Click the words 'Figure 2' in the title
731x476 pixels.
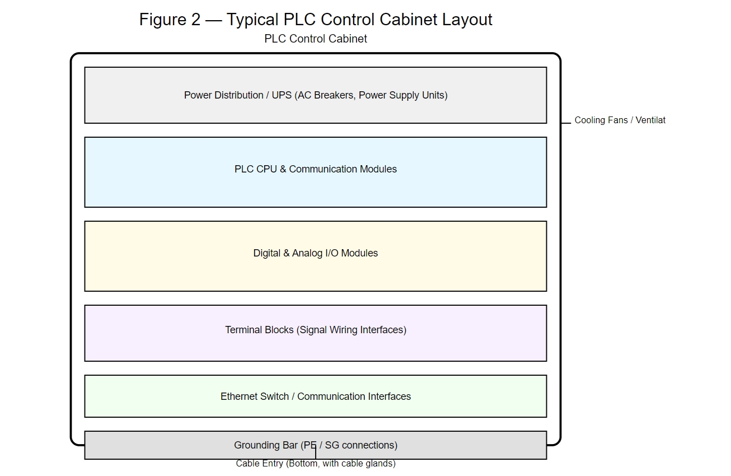tap(169, 20)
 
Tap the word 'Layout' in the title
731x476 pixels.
tap(467, 20)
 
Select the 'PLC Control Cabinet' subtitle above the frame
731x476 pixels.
tap(316, 39)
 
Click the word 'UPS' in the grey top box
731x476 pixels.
tap(282, 95)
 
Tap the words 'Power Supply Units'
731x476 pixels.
tap(401, 95)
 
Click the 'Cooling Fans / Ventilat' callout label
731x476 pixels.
tap(620, 120)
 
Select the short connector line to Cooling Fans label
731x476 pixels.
tap(566, 123)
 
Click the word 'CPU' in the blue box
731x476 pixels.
tap(266, 169)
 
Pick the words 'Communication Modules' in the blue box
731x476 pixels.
tap(343, 169)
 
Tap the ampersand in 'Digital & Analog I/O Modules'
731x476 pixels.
tap(286, 253)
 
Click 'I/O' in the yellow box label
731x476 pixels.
tap(330, 253)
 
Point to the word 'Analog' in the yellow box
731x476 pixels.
tap(307, 253)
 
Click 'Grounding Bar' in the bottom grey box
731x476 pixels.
tap(265, 445)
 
